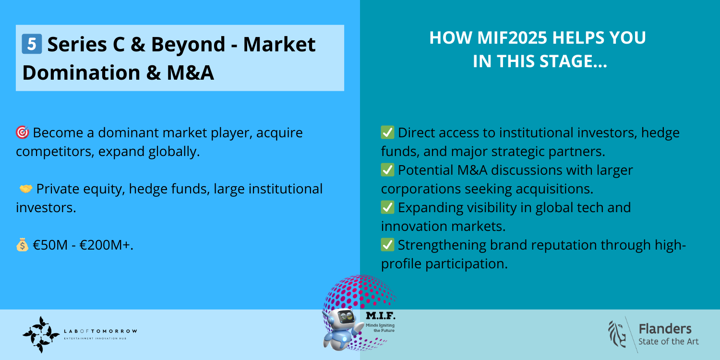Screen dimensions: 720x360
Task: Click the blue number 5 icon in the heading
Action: (x=32, y=44)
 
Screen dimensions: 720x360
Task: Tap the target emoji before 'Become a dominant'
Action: (x=23, y=132)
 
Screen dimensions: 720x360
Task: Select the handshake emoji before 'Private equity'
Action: (x=26, y=189)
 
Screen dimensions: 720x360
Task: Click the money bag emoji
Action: (x=22, y=245)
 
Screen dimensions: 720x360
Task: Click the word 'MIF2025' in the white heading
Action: (x=512, y=37)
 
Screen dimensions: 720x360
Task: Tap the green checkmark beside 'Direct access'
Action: (x=387, y=132)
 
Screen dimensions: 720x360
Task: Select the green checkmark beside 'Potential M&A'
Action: (x=387, y=170)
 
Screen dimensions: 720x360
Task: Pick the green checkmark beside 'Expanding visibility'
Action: (x=387, y=207)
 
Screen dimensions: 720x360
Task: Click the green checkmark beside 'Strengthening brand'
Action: (x=387, y=245)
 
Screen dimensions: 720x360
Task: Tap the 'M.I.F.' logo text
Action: (x=381, y=316)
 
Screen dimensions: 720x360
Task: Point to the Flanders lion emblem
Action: (x=617, y=334)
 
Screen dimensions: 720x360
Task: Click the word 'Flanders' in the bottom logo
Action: (x=665, y=329)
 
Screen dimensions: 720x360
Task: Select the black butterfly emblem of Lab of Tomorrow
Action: (x=41, y=335)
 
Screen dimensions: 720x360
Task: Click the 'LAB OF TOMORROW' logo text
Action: (x=101, y=331)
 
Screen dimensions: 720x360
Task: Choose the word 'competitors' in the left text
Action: (x=53, y=152)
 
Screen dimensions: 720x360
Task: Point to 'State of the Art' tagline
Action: (x=669, y=342)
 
